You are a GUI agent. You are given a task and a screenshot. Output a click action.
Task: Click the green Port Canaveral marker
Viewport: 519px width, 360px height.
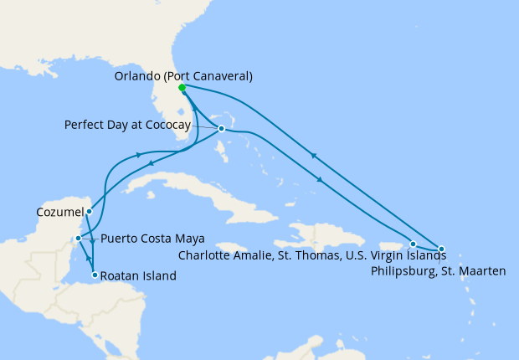182,87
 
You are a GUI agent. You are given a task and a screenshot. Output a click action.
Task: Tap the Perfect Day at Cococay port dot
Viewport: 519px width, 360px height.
221,129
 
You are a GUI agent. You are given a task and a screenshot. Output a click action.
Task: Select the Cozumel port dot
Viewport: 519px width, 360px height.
89,212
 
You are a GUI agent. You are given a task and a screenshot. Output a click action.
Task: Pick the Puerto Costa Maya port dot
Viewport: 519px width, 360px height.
78,239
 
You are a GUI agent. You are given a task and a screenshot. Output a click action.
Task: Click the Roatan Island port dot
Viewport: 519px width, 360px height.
95,275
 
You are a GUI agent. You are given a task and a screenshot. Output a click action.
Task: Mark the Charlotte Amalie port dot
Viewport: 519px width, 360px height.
413,244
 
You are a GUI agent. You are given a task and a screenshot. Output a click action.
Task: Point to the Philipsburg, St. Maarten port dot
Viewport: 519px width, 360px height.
441,249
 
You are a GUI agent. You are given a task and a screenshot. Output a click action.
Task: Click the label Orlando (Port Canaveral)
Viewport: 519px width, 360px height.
183,76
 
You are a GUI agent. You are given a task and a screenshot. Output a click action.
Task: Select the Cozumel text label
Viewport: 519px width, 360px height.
59,213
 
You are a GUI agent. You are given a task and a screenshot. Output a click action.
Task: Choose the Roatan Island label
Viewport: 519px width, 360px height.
140,275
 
